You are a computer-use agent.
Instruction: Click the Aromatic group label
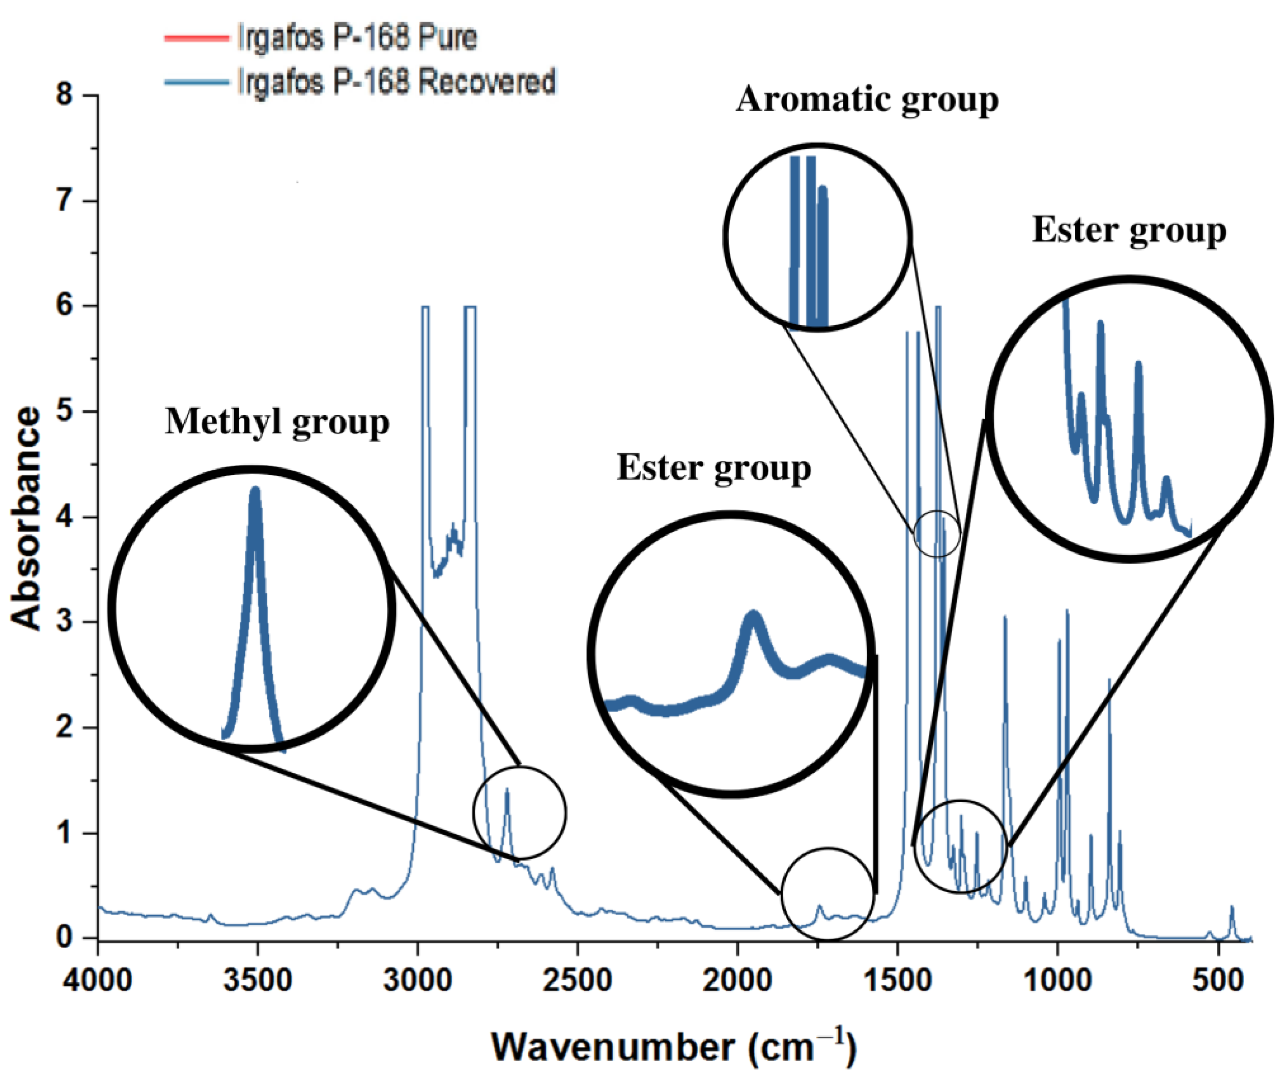(x=867, y=99)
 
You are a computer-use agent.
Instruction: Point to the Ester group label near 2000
(x=714, y=468)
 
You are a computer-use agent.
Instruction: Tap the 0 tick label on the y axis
(x=64, y=937)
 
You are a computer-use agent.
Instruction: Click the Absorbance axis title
(x=26, y=518)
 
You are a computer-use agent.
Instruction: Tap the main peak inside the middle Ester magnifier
(x=753, y=615)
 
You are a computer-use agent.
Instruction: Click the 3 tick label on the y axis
(x=64, y=622)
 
